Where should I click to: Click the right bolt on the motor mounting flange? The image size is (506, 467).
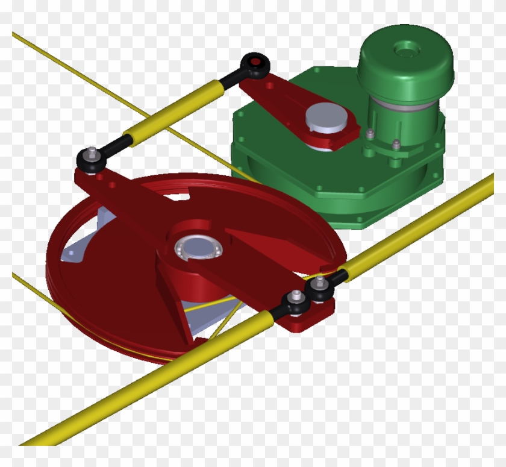coord(396,144)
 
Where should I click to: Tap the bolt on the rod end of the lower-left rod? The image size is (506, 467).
coord(296,296)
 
